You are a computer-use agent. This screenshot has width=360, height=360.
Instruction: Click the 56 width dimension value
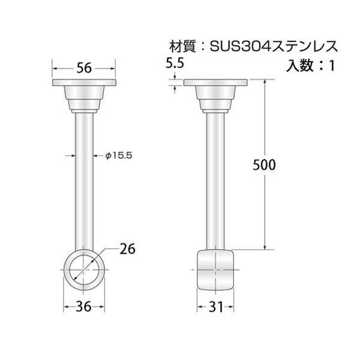coord(84,68)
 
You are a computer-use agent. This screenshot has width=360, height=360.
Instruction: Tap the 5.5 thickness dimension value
coord(175,63)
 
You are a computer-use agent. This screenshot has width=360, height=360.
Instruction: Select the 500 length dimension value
coord(264,165)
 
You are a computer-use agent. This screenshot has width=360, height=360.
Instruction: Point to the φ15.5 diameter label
coord(119,155)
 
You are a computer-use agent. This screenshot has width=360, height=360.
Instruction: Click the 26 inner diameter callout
coord(128,249)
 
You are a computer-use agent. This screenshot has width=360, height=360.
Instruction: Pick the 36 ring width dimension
coord(83,307)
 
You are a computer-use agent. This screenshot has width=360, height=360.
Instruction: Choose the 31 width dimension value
coord(216,307)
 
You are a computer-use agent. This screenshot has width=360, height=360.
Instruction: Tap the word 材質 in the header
coord(182,46)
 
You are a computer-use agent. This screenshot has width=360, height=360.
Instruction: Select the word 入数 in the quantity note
coord(299,65)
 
